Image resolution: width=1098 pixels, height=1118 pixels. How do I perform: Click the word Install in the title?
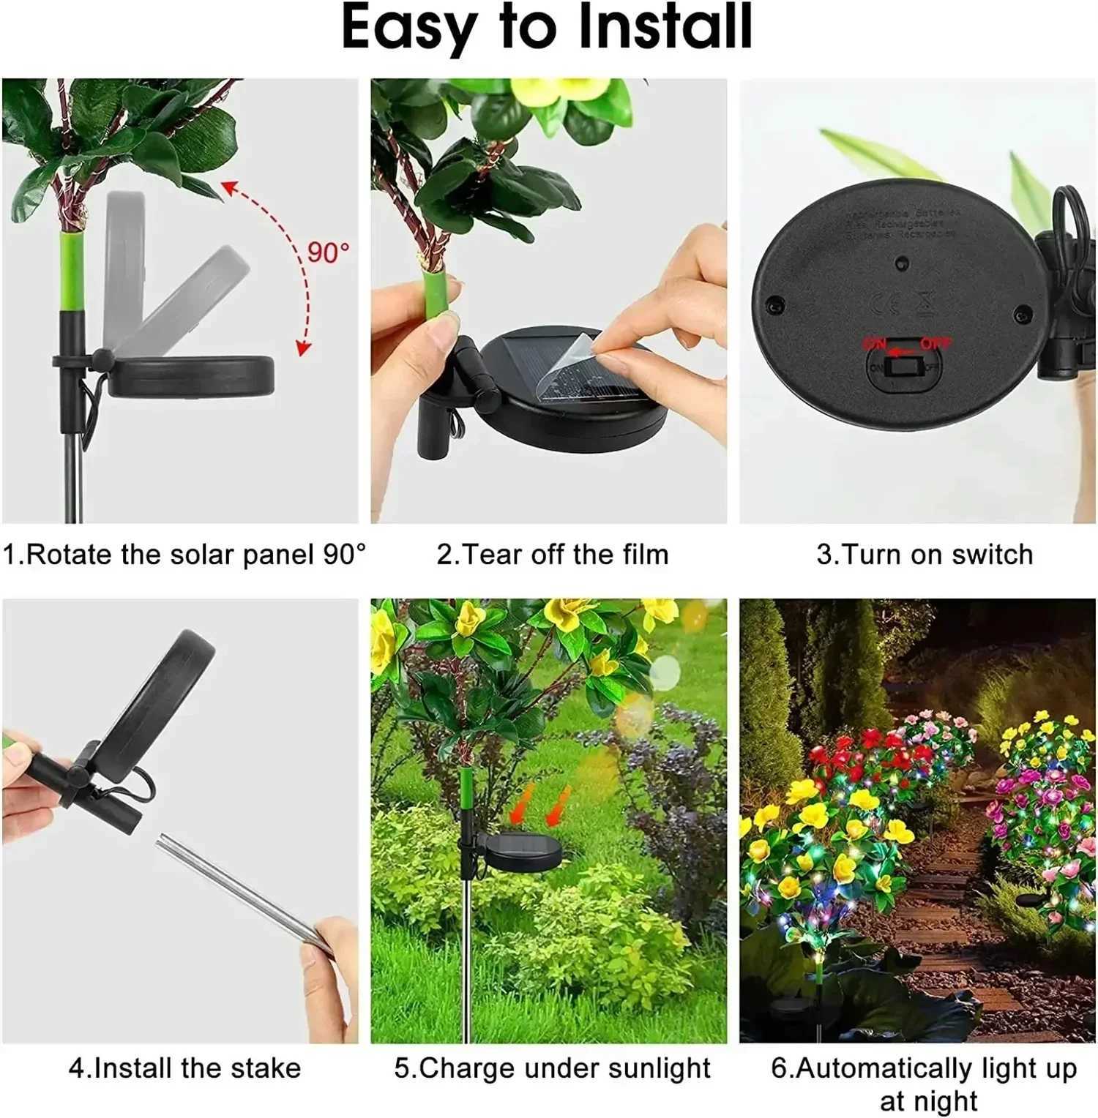[x=665, y=28]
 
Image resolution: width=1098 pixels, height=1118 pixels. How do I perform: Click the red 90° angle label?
[x=327, y=252]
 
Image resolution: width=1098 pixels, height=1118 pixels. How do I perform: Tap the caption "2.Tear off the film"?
[x=553, y=555]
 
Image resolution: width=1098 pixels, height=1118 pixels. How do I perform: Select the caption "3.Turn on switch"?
[x=925, y=555]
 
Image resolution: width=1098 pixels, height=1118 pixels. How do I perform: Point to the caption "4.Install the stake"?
[x=184, y=1068]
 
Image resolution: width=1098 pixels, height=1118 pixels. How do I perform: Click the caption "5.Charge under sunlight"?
[x=553, y=1068]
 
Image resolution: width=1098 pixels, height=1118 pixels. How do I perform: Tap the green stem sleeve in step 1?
[x=71, y=271]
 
